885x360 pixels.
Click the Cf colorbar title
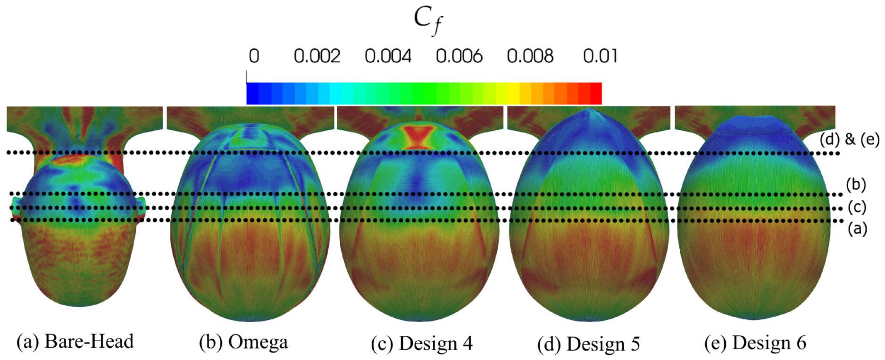point(428,21)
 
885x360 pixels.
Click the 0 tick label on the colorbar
point(254,56)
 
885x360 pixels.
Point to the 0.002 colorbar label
point(317,56)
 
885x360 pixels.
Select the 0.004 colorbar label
point(388,56)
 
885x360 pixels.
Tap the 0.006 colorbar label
point(459,56)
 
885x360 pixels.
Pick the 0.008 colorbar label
point(530,56)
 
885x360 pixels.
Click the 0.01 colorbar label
point(600,56)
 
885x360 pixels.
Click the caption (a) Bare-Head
point(75,342)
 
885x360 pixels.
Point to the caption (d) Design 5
point(588,344)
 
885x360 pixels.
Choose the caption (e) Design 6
point(755,343)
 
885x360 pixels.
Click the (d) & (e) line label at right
point(849,140)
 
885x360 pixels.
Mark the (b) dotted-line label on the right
point(856,184)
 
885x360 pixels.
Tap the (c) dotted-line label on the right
point(857,207)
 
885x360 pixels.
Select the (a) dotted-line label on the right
point(857,229)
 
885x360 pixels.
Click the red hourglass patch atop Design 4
point(418,135)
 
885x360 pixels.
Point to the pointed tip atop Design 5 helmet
point(589,110)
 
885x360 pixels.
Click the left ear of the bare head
point(16,207)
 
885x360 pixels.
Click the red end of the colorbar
point(595,93)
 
